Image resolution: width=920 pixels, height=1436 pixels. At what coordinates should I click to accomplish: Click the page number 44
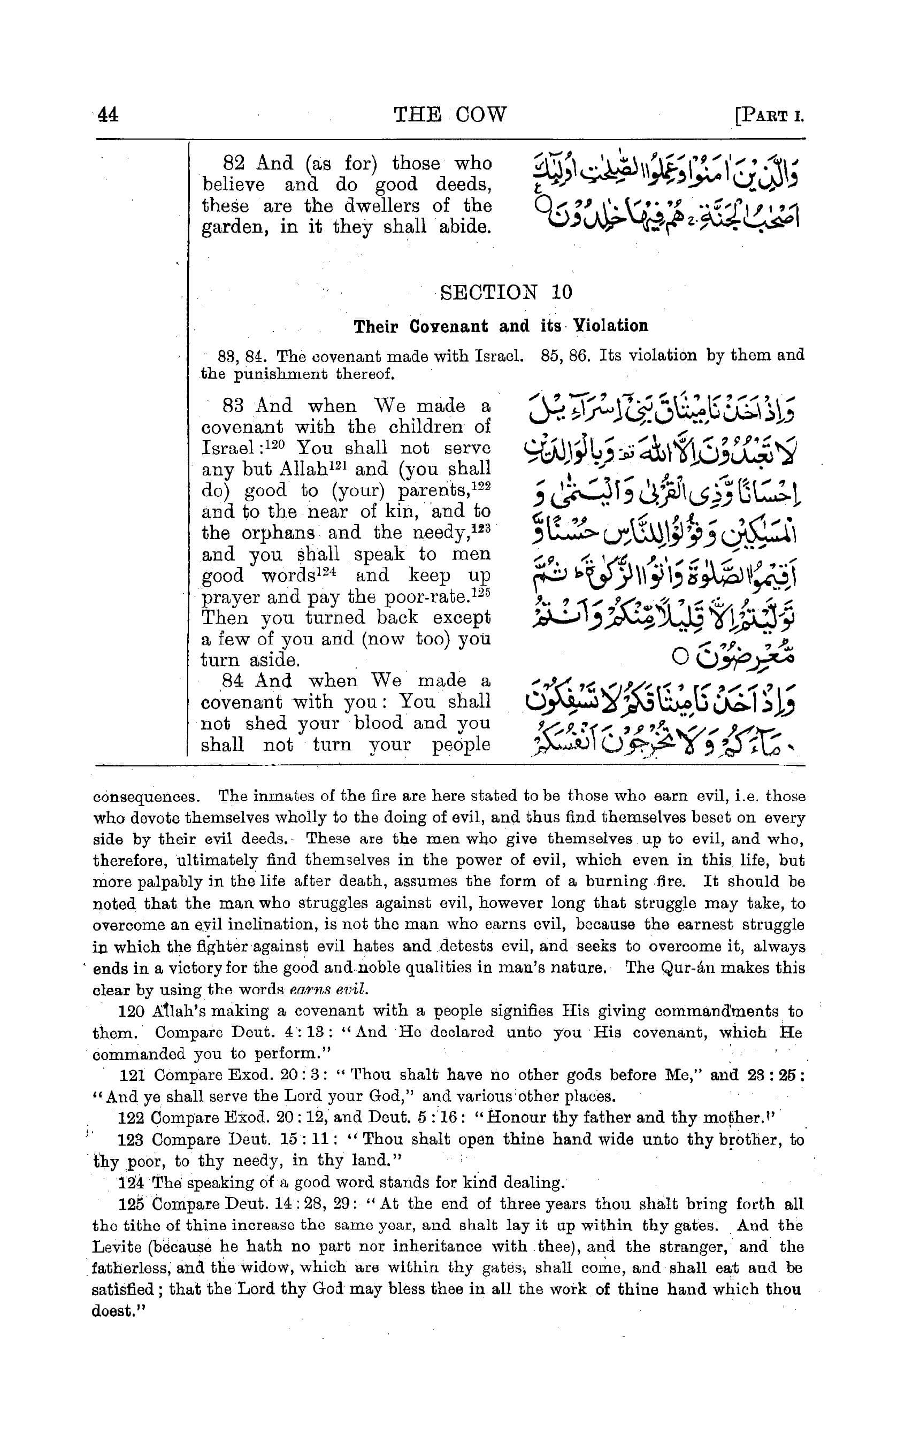(x=108, y=114)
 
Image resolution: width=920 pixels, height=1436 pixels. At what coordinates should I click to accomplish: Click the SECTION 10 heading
(x=506, y=292)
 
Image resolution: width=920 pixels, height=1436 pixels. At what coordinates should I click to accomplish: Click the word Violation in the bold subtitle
(x=610, y=326)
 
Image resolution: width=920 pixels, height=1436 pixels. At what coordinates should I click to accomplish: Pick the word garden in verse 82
(x=230, y=228)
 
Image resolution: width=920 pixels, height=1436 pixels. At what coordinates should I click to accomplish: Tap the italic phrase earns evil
(x=327, y=990)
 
